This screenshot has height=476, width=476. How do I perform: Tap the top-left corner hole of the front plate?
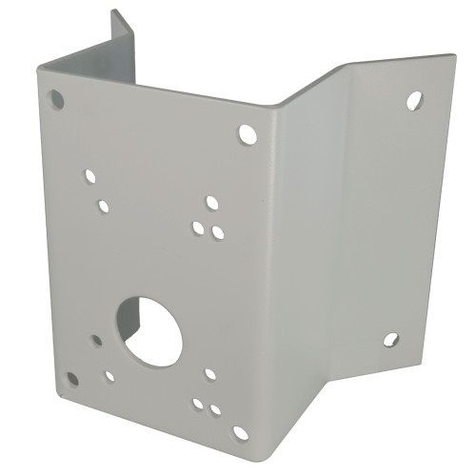tap(57, 98)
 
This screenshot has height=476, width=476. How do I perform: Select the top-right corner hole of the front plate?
tap(248, 134)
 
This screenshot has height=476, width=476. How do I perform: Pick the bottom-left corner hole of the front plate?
tap(71, 379)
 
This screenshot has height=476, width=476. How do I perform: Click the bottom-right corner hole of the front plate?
tap(240, 433)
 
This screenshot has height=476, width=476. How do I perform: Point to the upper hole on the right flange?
tap(414, 100)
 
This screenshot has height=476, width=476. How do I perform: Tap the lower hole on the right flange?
tap(390, 339)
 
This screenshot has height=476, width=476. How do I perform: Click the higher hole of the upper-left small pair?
tap(90, 176)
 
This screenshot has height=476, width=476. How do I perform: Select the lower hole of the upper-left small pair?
tap(103, 206)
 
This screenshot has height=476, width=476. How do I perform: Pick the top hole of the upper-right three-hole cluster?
tap(212, 203)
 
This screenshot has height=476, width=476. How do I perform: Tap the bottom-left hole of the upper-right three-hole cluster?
tap(198, 228)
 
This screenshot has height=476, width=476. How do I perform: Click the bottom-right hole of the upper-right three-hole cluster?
tap(218, 232)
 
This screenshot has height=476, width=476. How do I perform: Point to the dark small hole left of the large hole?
tap(97, 339)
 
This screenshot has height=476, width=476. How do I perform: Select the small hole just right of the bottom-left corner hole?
tap(109, 376)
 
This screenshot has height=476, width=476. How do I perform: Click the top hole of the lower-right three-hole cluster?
tap(209, 374)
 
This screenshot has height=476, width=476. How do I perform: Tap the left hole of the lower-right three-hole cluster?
tap(198, 404)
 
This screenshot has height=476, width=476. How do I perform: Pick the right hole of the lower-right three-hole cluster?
tap(216, 410)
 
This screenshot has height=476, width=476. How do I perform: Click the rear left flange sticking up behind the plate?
tap(121, 43)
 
